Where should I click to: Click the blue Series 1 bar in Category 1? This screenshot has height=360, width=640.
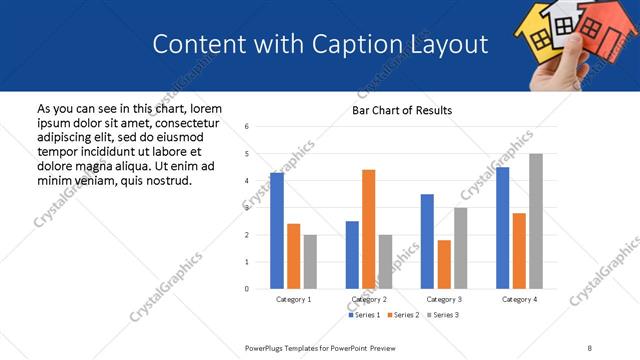click(x=277, y=231)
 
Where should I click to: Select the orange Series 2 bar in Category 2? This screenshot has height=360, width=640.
click(x=369, y=229)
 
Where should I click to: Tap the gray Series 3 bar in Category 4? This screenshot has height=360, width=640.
click(x=536, y=221)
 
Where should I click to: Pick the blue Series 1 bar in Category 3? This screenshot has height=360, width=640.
click(x=427, y=241)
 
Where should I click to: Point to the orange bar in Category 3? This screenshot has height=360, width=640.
click(x=444, y=264)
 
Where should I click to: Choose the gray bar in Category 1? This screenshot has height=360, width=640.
click(x=310, y=261)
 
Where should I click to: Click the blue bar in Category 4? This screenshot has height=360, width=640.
click(x=503, y=228)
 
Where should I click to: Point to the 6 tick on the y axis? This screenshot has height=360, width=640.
click(x=247, y=126)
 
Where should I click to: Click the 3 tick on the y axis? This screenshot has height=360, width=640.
click(x=247, y=208)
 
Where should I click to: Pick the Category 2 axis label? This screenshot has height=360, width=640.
click(x=369, y=299)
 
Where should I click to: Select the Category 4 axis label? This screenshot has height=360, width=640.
click(x=519, y=299)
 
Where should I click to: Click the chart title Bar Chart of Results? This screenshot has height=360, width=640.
click(x=402, y=110)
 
